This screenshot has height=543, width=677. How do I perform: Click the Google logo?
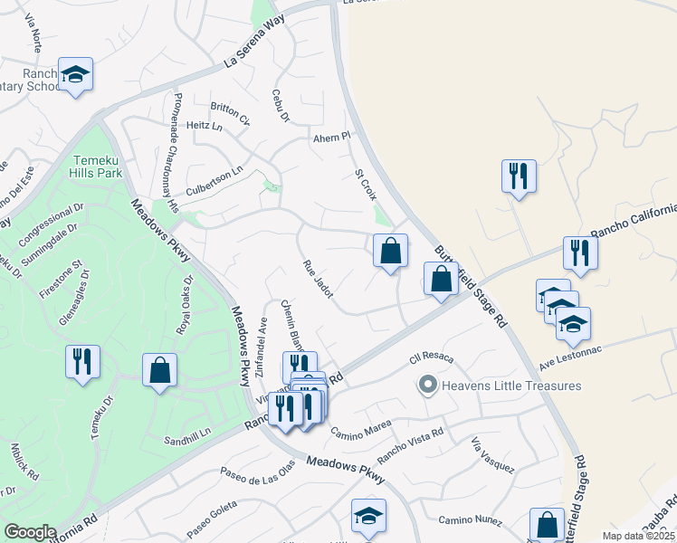point(30,531)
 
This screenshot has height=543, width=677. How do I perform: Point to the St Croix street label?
point(365,184)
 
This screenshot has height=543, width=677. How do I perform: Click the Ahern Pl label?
point(330,138)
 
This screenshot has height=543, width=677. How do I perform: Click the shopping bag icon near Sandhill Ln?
point(159,370)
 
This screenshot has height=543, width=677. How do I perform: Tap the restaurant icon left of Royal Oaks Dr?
point(82,362)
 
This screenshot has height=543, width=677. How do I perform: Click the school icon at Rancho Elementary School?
point(76,76)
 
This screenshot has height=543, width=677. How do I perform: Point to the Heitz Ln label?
point(204,126)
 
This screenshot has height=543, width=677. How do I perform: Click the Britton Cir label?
point(231,113)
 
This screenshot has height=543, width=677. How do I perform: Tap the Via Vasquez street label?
point(492,455)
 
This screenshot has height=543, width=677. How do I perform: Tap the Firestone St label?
point(62,275)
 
